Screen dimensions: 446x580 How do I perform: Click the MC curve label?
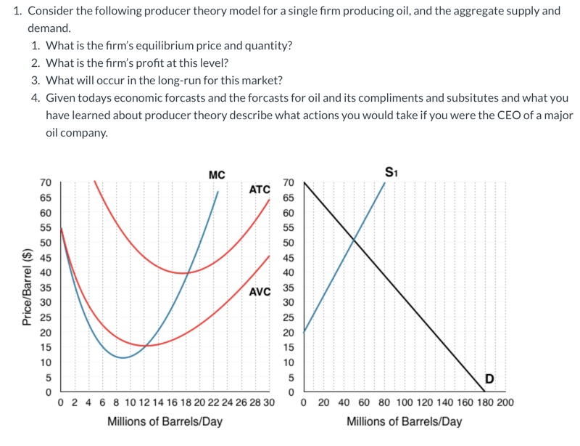tap(216, 174)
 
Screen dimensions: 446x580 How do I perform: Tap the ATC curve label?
tap(260, 190)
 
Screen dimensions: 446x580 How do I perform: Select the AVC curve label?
tap(260, 292)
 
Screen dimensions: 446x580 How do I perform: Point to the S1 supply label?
tap(391, 173)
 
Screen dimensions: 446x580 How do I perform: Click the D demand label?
tap(489, 378)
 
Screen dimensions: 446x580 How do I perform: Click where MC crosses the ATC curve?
tap(188, 273)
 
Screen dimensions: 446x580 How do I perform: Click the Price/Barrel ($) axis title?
tap(28, 287)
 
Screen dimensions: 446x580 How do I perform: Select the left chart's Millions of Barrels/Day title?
tap(165, 421)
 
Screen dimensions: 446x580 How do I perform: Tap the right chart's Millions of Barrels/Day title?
tap(404, 421)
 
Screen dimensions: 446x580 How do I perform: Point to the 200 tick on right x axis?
tap(505, 402)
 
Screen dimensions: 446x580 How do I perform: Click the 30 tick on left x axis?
tap(268, 402)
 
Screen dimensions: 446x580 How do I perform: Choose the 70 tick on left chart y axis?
tap(45, 182)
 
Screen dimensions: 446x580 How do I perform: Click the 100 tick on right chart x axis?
tap(405, 402)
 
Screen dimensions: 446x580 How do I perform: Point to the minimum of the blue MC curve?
tap(123, 357)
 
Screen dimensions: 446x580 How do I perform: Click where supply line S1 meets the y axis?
tap(303, 333)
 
